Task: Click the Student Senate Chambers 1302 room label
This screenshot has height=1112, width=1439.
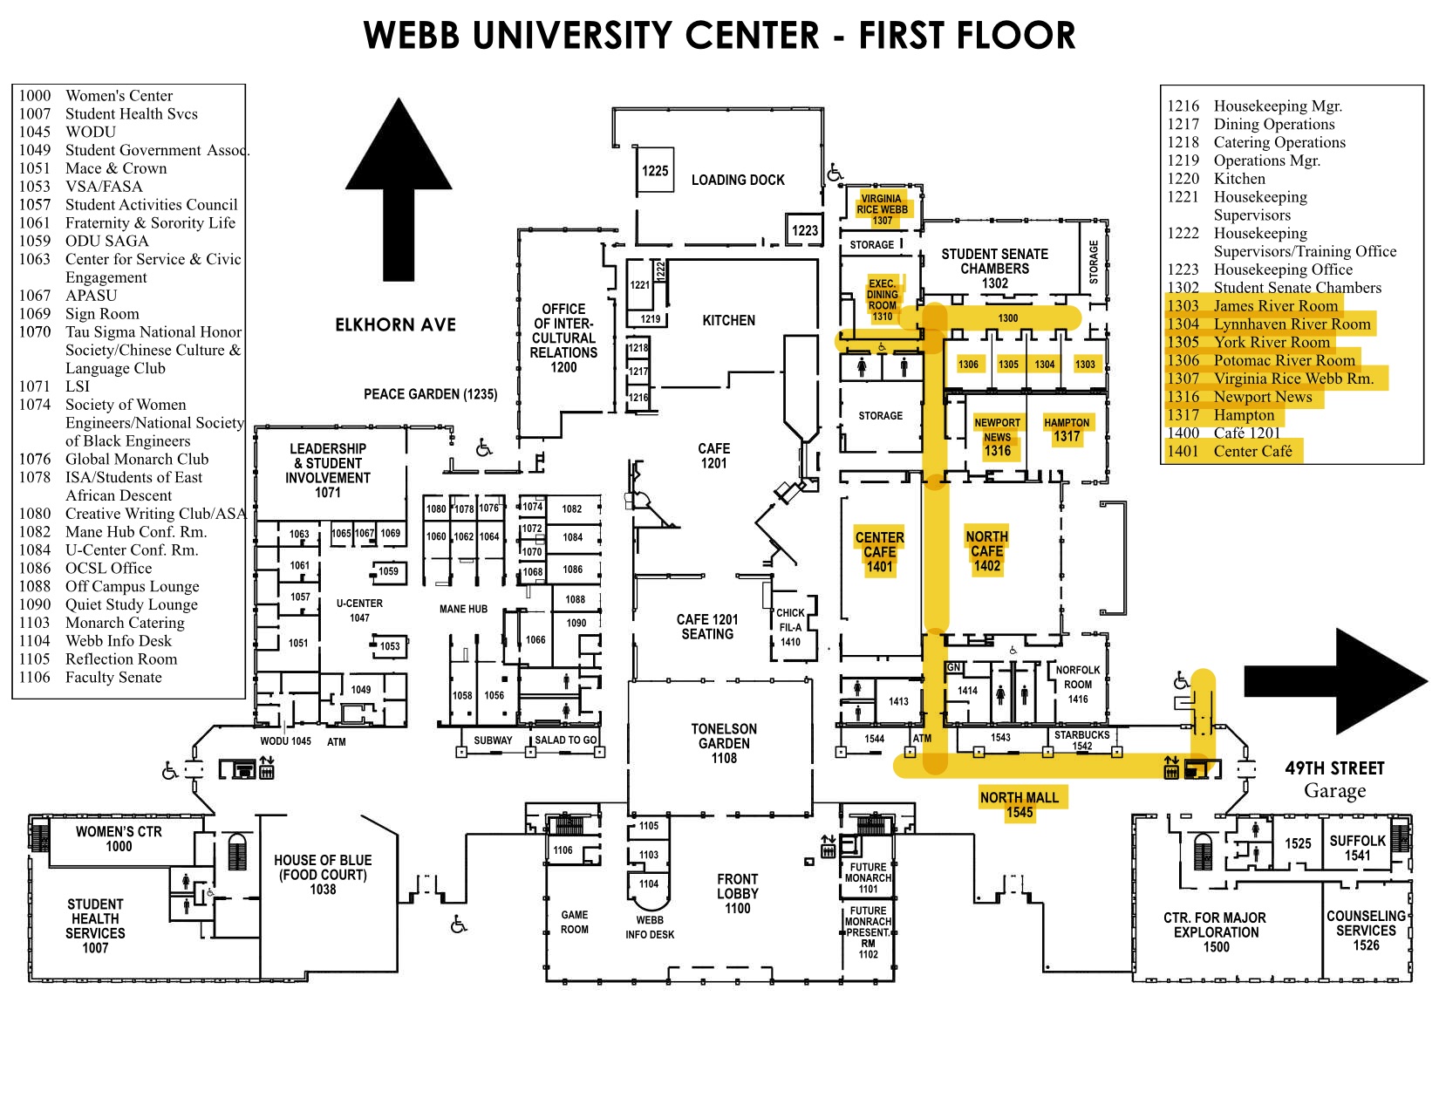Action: [x=994, y=268]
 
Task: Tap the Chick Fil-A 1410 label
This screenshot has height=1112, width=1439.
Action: [x=790, y=627]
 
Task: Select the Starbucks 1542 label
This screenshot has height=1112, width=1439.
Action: [x=1081, y=740]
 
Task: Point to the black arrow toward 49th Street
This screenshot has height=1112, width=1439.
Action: [x=1334, y=680]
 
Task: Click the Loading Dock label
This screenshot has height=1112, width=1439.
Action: [x=738, y=180]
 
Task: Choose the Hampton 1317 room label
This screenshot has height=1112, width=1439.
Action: [x=1067, y=430]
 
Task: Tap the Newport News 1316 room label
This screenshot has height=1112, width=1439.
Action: [x=997, y=437]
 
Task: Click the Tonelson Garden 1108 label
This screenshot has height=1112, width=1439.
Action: [x=724, y=743]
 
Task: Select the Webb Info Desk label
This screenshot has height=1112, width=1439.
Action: [x=650, y=927]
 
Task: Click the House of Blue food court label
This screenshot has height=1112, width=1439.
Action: [x=323, y=875]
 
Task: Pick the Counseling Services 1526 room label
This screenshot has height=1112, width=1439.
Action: [x=1366, y=930]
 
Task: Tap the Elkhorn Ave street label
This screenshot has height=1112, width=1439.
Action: [x=395, y=324]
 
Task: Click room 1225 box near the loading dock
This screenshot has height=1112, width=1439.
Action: [x=655, y=171]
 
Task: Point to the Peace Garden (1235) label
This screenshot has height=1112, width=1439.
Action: [x=430, y=394]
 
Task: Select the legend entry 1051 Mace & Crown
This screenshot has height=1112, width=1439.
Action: [x=92, y=168]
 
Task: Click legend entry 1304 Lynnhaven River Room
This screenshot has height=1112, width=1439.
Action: [x=1269, y=324]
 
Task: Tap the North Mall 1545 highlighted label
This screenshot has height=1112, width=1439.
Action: [x=1019, y=804]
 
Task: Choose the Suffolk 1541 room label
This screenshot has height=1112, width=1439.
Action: [x=1357, y=848]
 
